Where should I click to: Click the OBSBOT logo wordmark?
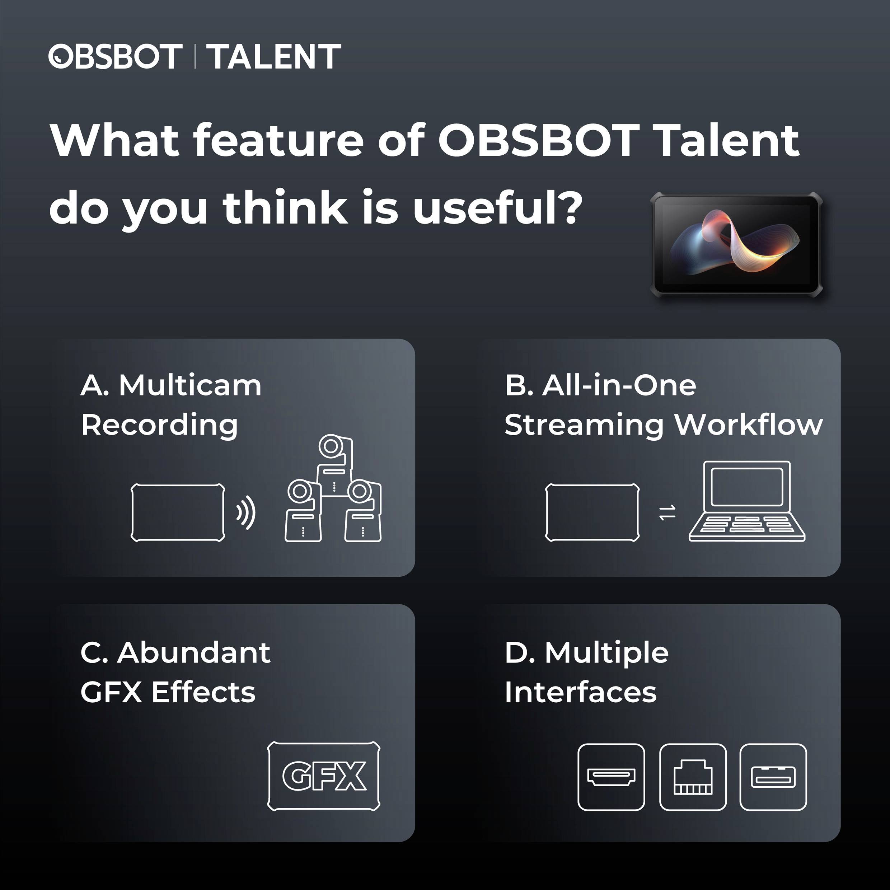(115, 57)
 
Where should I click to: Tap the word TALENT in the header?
(273, 57)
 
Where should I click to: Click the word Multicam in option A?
(190, 385)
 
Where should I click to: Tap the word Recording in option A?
(159, 425)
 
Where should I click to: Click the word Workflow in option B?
(749, 425)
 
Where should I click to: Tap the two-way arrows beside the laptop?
(667, 512)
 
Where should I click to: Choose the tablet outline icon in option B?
(592, 512)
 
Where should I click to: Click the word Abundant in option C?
(194, 653)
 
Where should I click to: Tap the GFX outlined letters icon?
(324, 776)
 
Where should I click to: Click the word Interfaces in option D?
(580, 692)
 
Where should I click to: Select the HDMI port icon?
(611, 777)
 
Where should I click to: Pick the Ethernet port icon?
(693, 777)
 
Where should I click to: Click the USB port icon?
(773, 777)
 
